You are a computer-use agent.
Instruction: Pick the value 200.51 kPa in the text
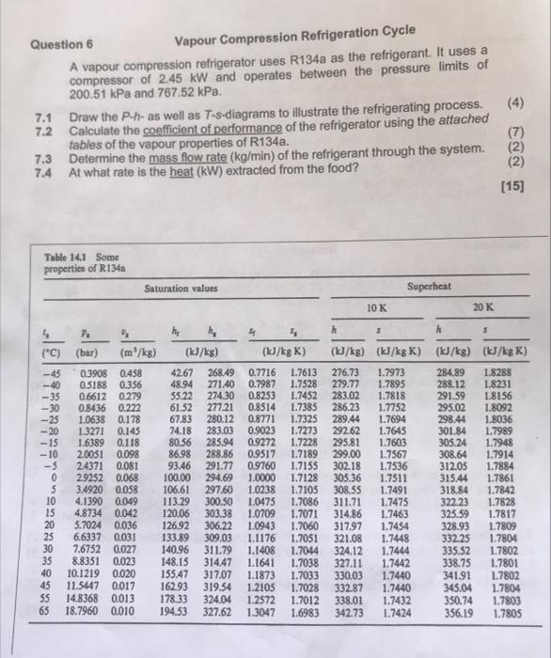coord(98,94)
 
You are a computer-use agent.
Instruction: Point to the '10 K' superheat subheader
coord(374,306)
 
